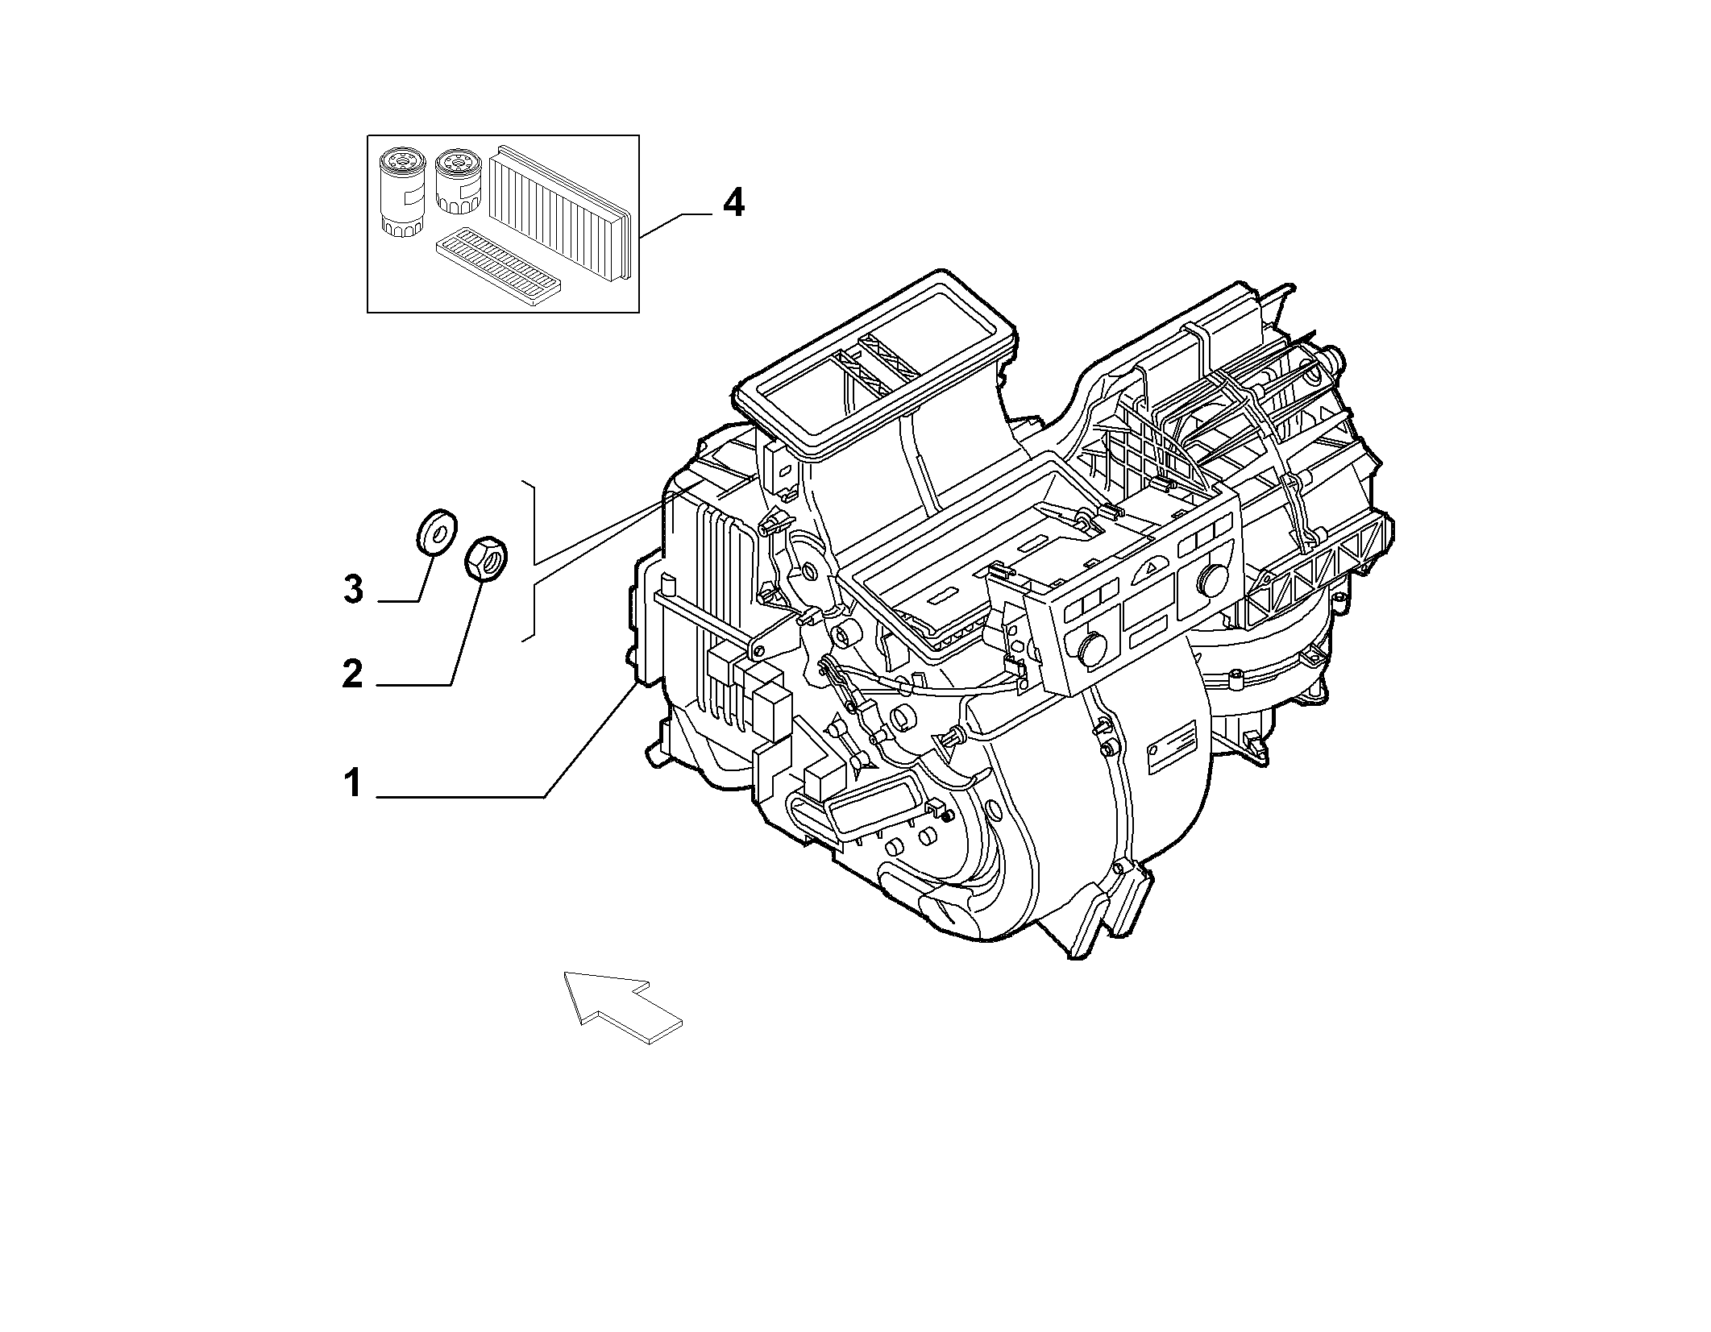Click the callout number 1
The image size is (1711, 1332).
(353, 782)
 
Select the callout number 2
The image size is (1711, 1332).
(353, 673)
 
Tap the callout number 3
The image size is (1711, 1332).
(353, 589)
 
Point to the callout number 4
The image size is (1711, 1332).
(733, 202)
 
